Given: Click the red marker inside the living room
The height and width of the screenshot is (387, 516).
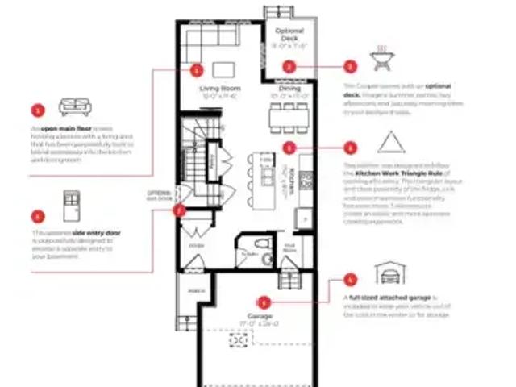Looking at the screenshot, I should pos(198,69).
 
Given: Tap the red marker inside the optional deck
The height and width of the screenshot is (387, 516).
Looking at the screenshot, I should pos(289,68).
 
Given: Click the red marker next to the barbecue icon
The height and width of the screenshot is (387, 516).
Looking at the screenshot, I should pos(349,68).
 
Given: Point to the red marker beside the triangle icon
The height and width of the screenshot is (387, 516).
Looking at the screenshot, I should pos(349,148).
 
